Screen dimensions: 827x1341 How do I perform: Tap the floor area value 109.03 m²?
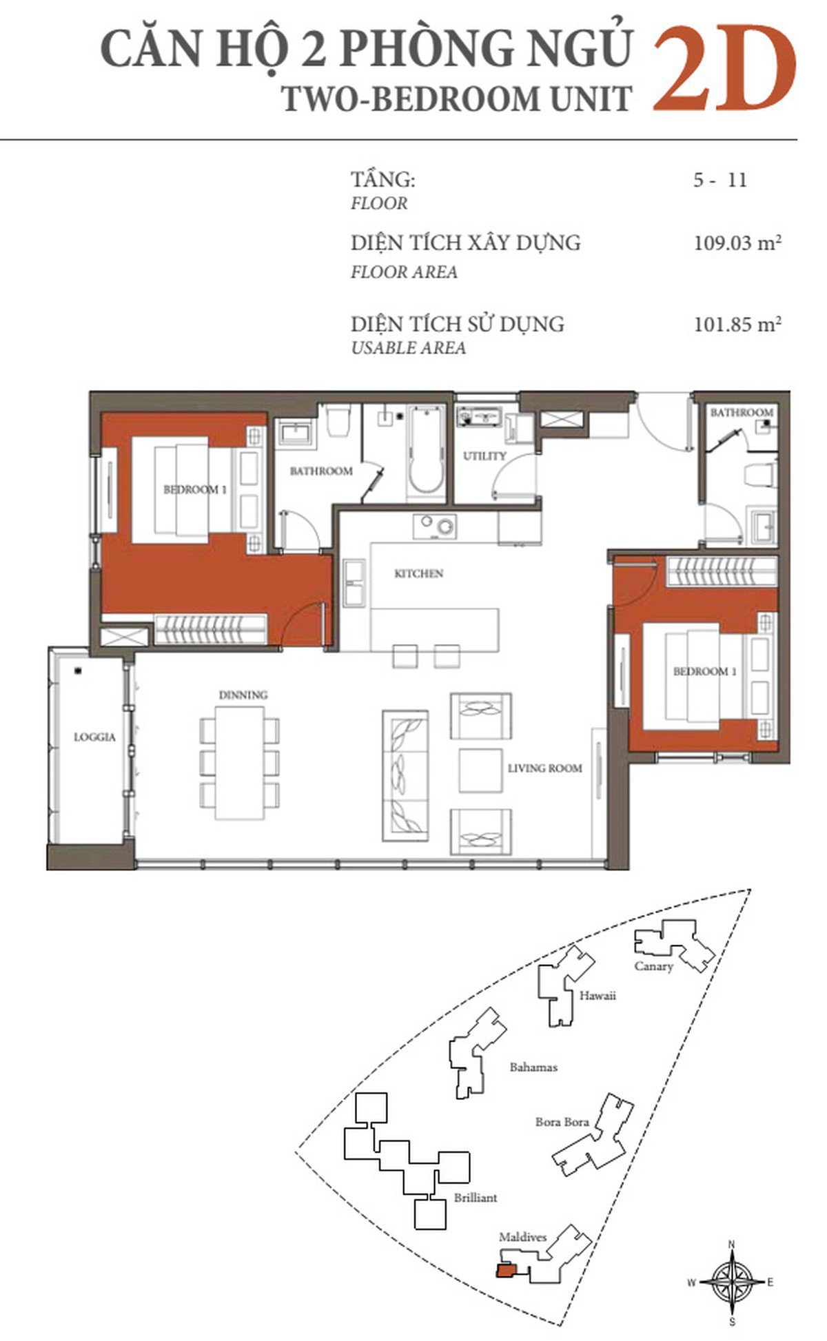click(x=737, y=243)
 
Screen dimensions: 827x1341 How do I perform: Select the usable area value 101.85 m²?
click(x=737, y=324)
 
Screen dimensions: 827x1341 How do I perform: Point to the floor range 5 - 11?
click(x=720, y=181)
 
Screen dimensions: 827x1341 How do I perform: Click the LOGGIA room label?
click(x=94, y=737)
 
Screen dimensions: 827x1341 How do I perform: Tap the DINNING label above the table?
click(x=243, y=695)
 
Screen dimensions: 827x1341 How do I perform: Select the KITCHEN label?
click(x=418, y=573)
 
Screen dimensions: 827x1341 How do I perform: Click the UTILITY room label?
click(x=484, y=455)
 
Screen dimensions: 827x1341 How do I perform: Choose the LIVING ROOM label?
click(x=544, y=768)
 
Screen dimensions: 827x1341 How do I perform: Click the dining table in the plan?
click(x=239, y=763)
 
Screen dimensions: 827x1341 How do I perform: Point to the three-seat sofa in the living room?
click(x=405, y=775)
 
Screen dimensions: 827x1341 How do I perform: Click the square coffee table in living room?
click(x=480, y=770)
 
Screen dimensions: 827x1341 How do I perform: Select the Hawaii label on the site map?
click(x=597, y=996)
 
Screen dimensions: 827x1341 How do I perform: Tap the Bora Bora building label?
click(x=562, y=1122)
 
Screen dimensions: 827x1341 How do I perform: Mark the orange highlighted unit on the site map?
click(x=505, y=1269)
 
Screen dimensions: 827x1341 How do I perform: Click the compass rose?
click(x=732, y=1282)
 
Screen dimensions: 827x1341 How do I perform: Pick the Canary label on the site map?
click(x=653, y=966)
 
